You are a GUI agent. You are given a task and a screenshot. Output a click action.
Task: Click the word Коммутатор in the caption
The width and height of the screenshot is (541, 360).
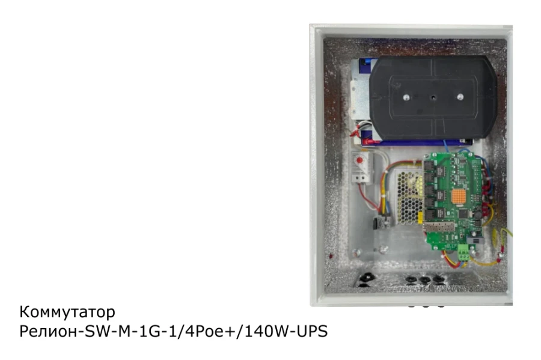coord(67,312)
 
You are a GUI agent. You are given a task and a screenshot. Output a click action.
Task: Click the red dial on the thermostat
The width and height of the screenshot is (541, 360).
coord(359,160)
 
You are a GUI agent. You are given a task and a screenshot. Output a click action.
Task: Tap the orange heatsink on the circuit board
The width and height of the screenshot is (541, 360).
coord(459,196)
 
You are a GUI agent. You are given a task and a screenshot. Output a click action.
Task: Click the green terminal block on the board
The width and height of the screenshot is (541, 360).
coord(463,252)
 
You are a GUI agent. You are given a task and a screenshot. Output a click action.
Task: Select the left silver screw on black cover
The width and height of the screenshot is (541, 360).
coord(406,97)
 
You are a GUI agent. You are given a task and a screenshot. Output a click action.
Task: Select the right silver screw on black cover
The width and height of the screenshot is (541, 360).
coord(460,97)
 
